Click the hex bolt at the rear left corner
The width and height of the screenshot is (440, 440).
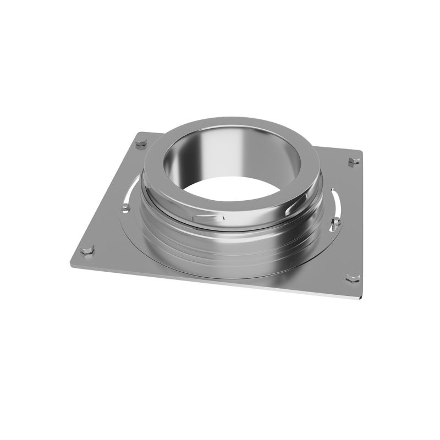(x=141, y=144)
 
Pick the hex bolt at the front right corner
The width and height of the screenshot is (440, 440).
(x=352, y=277)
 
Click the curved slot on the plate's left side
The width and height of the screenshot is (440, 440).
(x=131, y=190)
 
